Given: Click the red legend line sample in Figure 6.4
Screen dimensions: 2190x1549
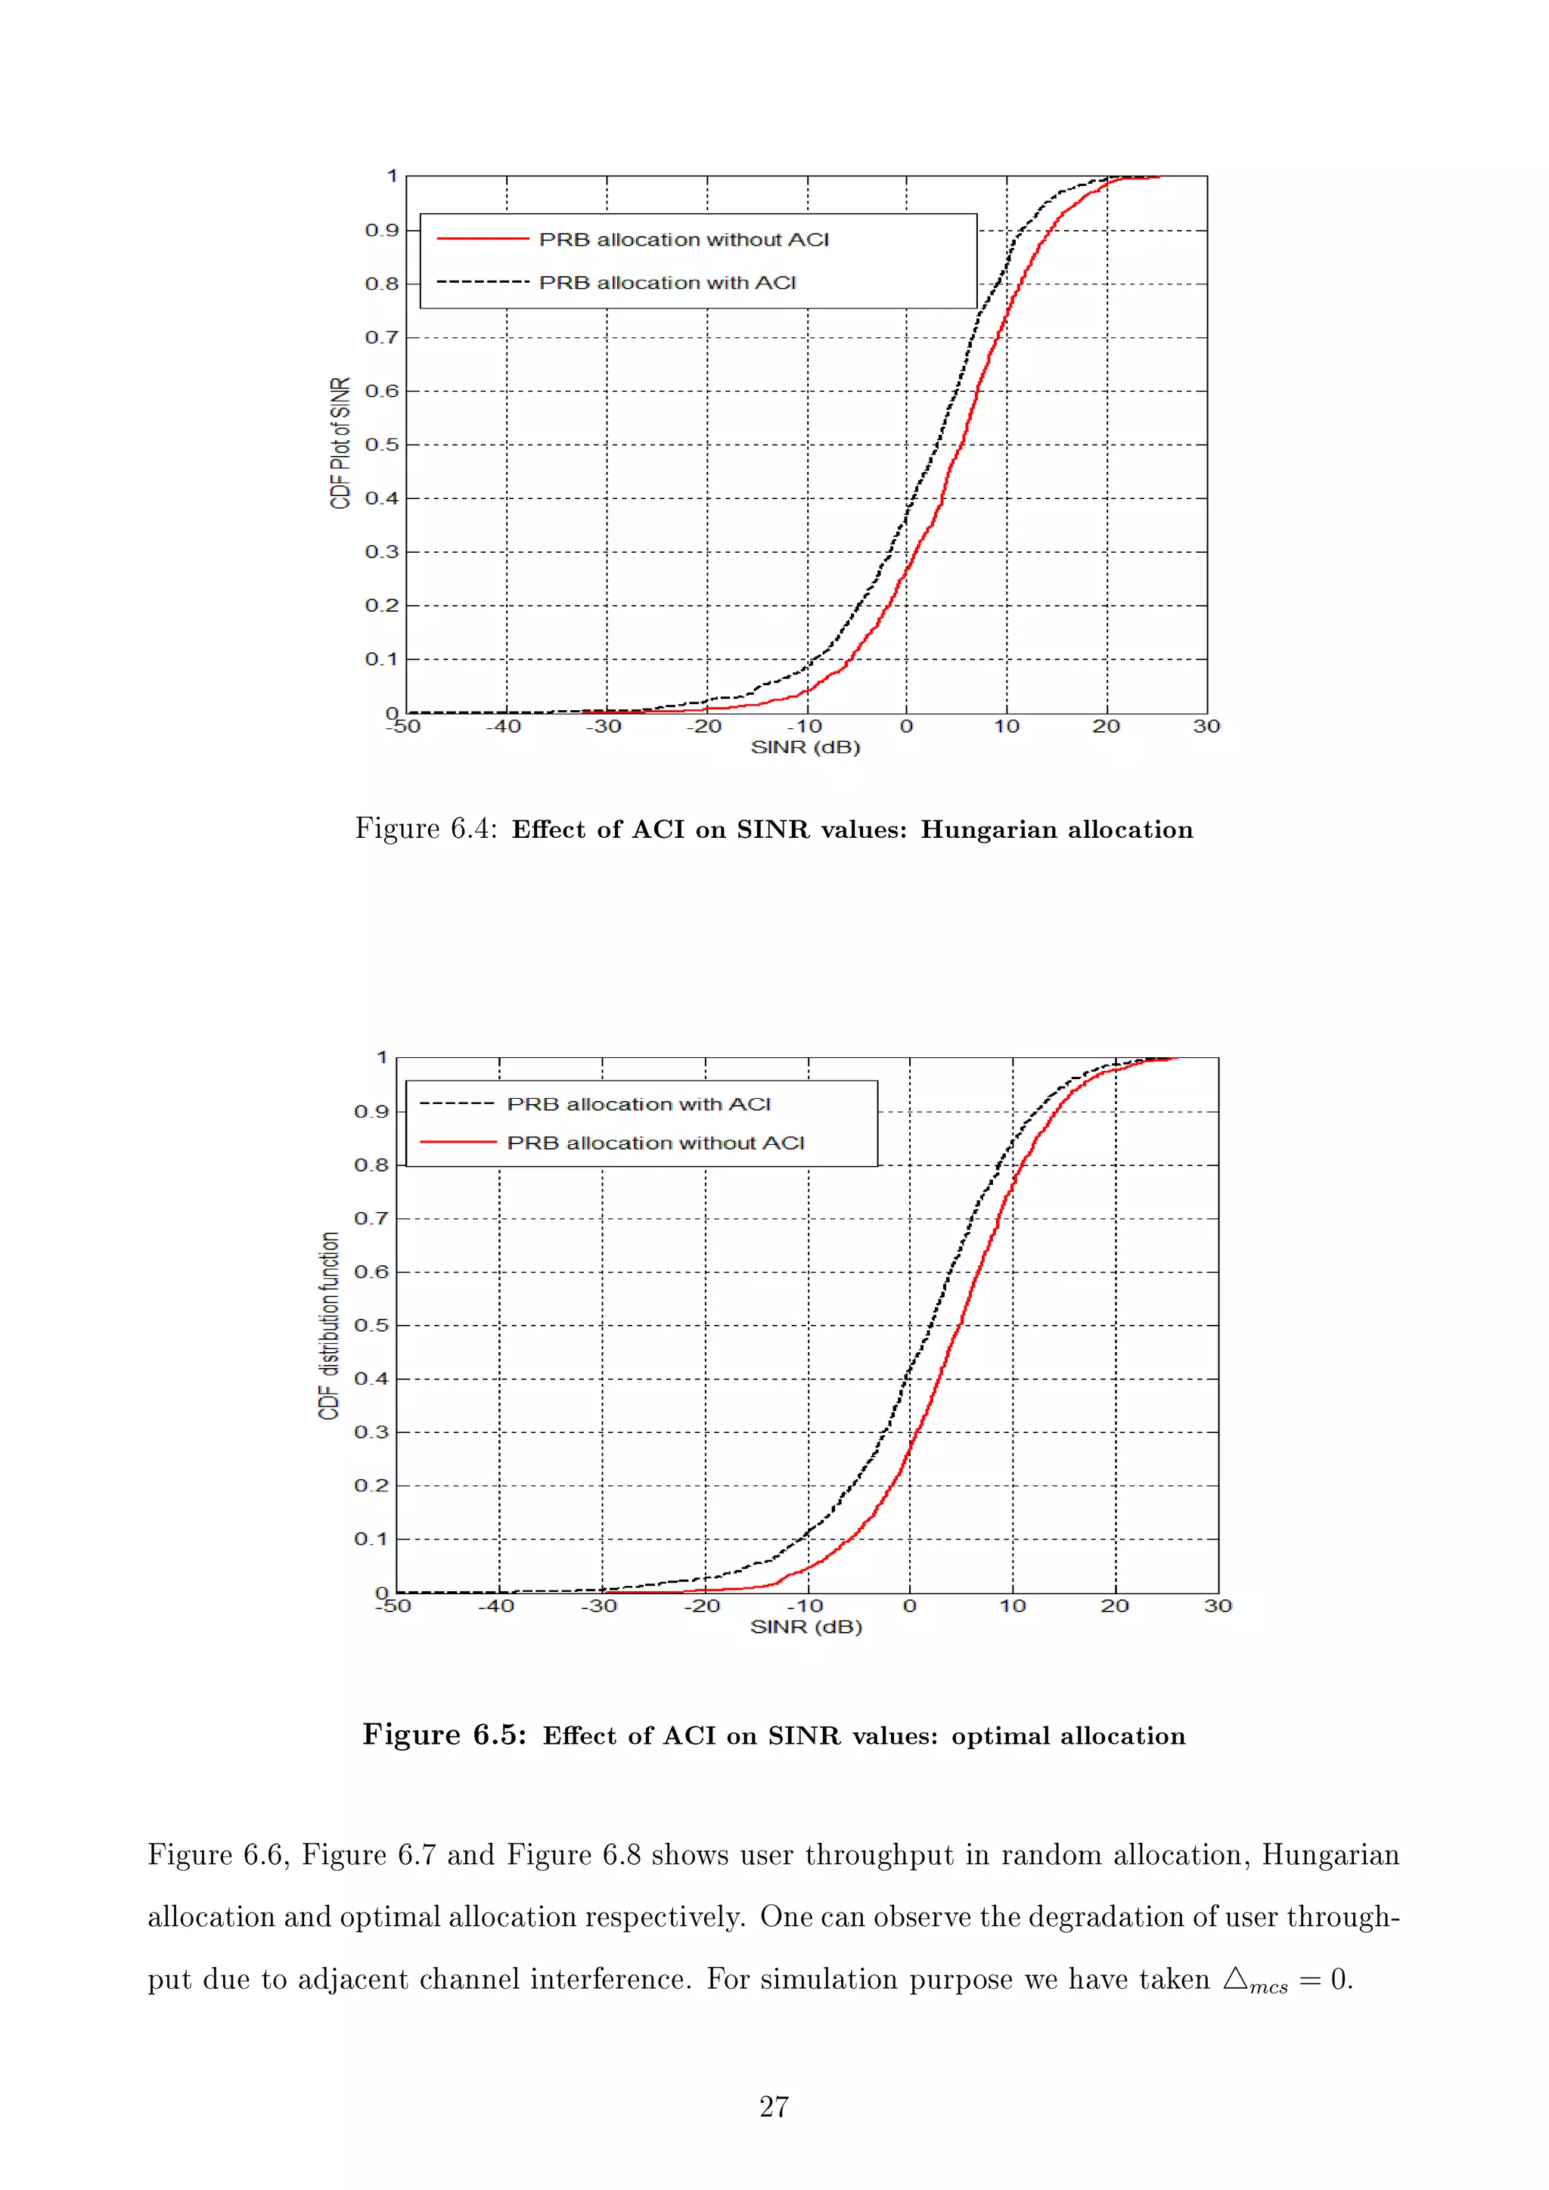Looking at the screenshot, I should tap(483, 238).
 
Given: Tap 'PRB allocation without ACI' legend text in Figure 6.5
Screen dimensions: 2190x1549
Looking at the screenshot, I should tap(655, 1143).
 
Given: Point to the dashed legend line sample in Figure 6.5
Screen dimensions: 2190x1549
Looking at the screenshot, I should tap(457, 1103).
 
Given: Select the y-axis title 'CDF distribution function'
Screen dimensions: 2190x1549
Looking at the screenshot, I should tap(329, 1326).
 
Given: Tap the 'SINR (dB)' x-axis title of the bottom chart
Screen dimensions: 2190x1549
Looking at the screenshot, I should tap(806, 1627).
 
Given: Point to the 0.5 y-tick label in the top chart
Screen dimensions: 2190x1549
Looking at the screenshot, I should tap(381, 445).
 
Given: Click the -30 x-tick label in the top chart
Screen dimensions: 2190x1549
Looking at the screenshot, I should tap(603, 727).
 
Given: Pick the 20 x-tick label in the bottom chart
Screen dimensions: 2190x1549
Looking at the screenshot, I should tap(1114, 1606).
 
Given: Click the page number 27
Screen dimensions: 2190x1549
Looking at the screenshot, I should tap(774, 2106).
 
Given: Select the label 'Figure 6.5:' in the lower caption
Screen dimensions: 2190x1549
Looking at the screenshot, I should tap(443, 1734).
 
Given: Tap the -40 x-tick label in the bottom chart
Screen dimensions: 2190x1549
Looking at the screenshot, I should tap(495, 1606).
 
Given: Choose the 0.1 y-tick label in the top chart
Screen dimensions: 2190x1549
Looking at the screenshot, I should tap(381, 659).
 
